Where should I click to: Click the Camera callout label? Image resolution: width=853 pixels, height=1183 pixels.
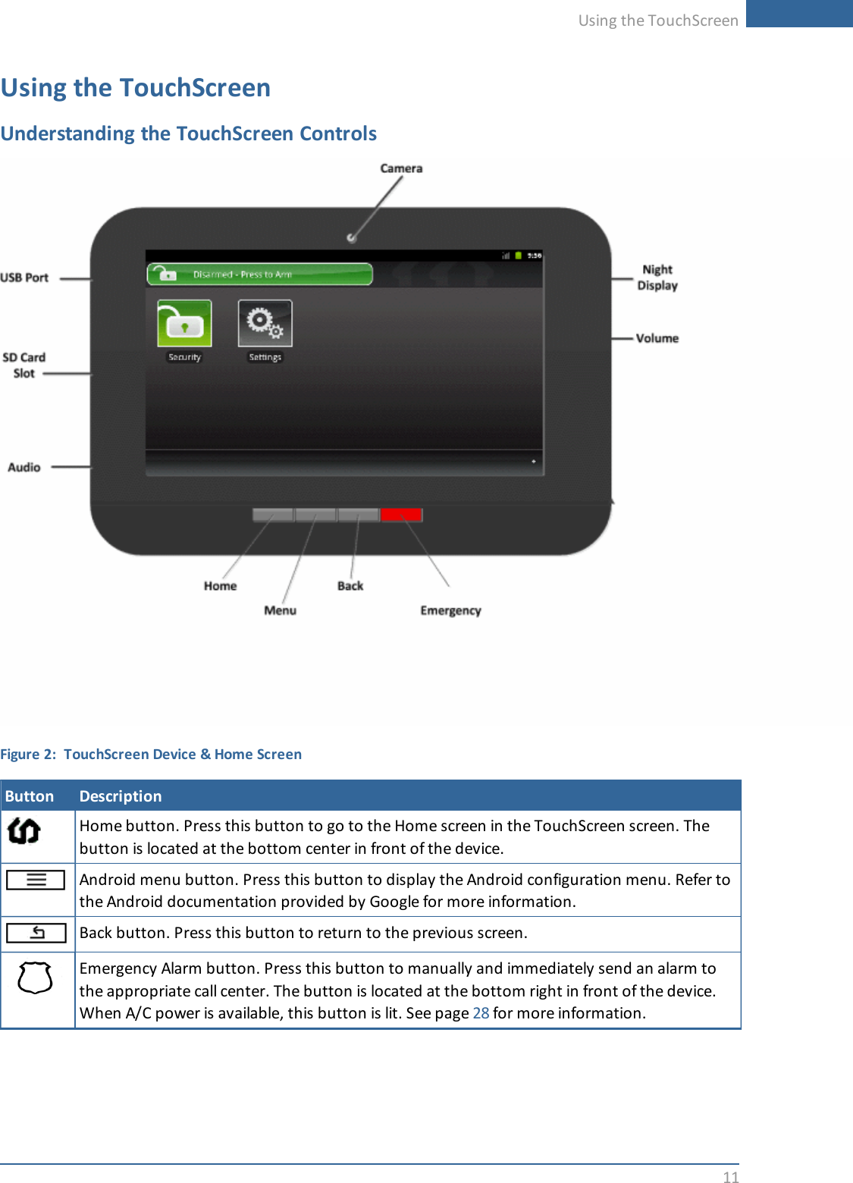[401, 168]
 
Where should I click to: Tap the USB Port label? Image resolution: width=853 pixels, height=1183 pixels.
[24, 278]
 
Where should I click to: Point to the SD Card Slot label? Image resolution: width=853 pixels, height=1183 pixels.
[24, 365]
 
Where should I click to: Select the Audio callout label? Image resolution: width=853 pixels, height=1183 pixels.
[24, 467]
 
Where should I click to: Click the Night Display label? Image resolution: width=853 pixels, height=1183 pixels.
[657, 278]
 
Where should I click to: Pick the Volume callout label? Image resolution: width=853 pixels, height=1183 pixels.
[657, 338]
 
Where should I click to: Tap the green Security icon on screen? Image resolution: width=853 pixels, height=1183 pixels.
[184, 323]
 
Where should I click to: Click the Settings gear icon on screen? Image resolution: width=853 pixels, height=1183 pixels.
[265, 323]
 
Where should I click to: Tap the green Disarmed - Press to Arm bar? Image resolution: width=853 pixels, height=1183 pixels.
[259, 274]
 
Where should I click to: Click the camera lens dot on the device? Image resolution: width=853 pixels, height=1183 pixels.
[351, 238]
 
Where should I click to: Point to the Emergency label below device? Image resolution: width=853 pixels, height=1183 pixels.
[450, 610]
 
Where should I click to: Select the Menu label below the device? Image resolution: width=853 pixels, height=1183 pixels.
[280, 610]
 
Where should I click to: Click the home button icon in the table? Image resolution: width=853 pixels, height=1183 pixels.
[24, 831]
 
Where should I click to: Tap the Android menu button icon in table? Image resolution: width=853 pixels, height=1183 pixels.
[36, 880]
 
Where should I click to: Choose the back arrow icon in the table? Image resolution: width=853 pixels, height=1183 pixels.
[36, 933]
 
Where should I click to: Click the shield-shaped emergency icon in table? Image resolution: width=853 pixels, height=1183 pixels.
[35, 978]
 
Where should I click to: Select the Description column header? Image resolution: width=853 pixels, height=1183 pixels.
[121, 796]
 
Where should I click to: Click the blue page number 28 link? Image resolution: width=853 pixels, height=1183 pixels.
[481, 1013]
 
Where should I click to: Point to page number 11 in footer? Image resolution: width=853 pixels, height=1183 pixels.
[730, 1177]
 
